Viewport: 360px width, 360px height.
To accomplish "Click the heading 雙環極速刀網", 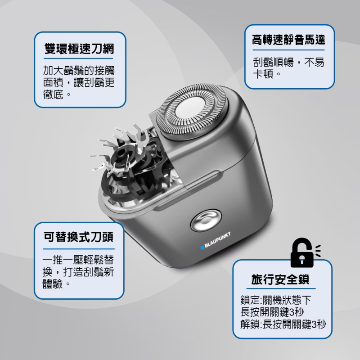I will [79, 49].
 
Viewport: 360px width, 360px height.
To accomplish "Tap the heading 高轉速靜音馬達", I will [288, 41].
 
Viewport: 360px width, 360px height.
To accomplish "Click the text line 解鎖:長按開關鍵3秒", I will [283, 324].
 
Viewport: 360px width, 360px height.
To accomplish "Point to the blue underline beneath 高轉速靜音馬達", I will [288, 51].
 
